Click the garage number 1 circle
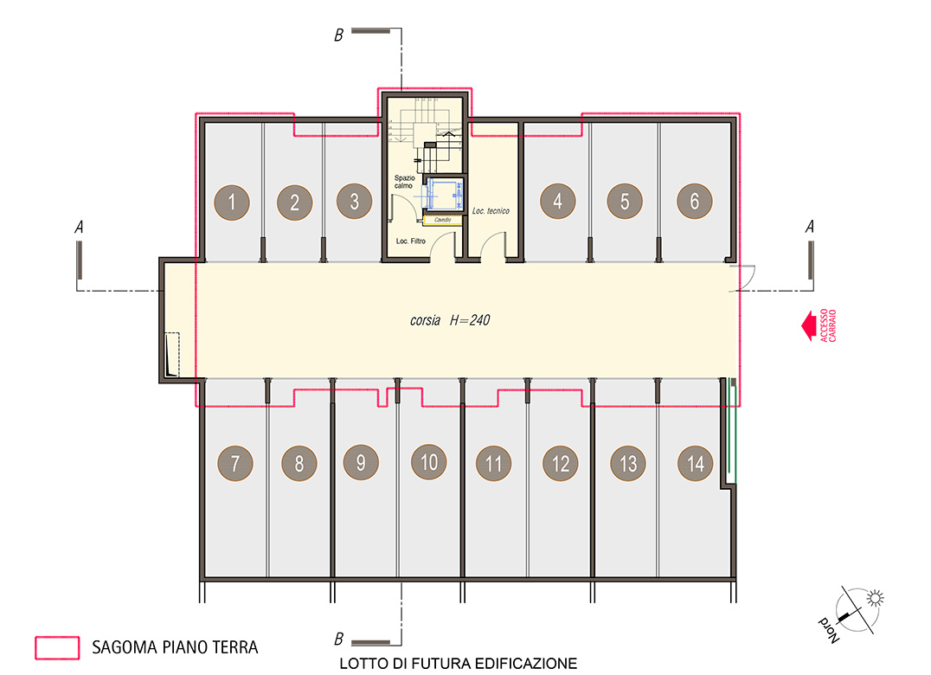[x=232, y=202]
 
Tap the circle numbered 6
[x=695, y=202]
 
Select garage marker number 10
[x=428, y=462]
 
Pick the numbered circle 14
[x=696, y=463]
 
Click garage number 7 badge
[x=235, y=463]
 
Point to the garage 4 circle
[x=557, y=202]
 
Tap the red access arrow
[x=808, y=325]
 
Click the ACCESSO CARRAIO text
[x=828, y=325]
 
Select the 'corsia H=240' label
[x=449, y=320]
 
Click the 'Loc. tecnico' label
[x=491, y=211]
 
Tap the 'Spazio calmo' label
[x=404, y=182]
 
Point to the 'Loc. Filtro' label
[x=410, y=241]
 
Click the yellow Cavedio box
[x=442, y=221]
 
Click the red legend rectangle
[x=57, y=647]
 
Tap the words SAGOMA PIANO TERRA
[x=175, y=647]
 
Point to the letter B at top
[x=338, y=35]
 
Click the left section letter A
[x=79, y=227]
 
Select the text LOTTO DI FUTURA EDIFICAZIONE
[x=458, y=663]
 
